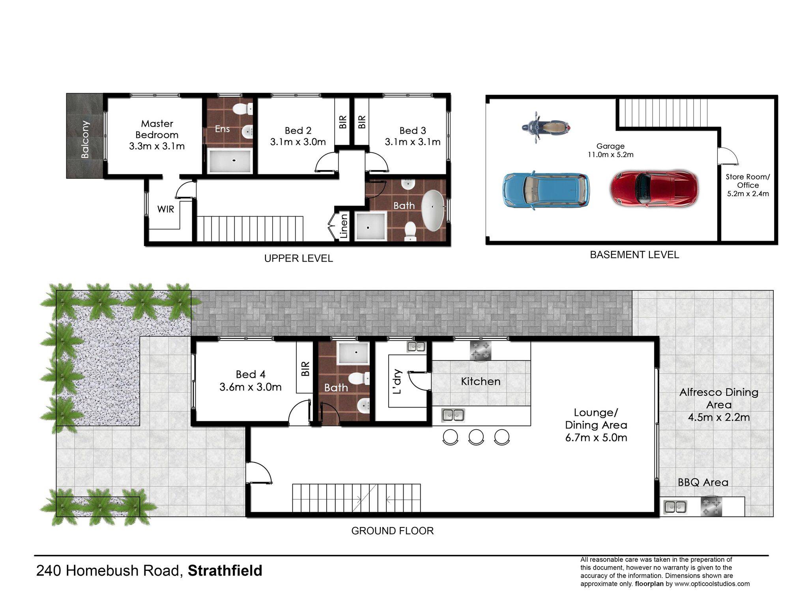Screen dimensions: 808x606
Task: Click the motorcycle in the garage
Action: (546, 127)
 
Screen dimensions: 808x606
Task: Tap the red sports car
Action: (655, 189)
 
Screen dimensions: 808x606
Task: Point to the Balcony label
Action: (85, 139)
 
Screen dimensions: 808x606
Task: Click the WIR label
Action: (166, 209)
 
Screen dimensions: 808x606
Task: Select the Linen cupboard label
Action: (344, 226)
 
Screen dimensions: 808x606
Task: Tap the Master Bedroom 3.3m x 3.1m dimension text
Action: (157, 146)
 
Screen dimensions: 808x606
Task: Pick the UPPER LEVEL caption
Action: (299, 258)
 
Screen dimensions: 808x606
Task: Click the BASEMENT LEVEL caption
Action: (634, 255)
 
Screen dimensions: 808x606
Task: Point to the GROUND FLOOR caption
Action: (393, 531)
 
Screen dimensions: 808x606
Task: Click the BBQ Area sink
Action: (675, 507)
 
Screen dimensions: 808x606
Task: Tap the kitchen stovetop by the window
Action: (481, 350)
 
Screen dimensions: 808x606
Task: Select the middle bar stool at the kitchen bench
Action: (476, 437)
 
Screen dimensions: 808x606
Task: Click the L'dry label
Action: (398, 382)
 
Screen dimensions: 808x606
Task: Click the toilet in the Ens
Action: (244, 109)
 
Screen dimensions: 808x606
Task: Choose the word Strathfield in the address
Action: (225, 571)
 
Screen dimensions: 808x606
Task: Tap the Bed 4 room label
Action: (251, 374)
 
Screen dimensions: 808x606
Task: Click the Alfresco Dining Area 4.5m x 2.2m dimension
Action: (719, 417)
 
